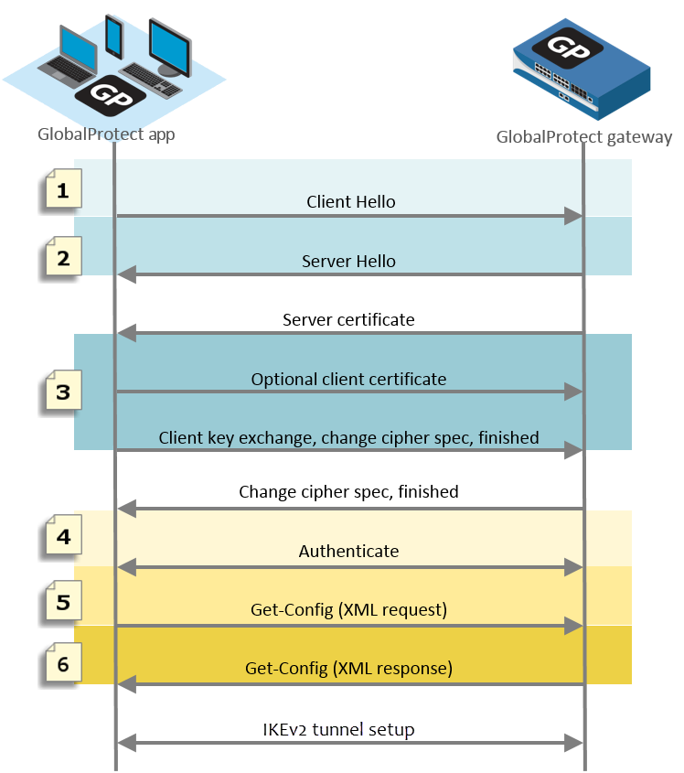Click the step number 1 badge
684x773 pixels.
point(62,191)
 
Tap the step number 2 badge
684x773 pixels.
point(62,258)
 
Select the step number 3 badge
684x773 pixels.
point(62,392)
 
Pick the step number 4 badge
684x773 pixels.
point(62,537)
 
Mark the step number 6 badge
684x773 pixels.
point(62,664)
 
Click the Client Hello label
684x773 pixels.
point(350,202)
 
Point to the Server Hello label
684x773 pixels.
point(348,262)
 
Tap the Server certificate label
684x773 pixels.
point(348,320)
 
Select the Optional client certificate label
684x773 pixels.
point(348,379)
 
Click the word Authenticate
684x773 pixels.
point(348,552)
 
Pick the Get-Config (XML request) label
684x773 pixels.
point(348,610)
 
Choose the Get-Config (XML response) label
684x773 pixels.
point(348,669)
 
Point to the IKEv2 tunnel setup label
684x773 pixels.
point(348,730)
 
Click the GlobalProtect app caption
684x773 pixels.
point(106,134)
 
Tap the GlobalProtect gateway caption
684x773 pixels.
point(583,137)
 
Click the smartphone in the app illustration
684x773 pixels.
point(114,37)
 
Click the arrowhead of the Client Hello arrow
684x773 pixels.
point(574,216)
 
